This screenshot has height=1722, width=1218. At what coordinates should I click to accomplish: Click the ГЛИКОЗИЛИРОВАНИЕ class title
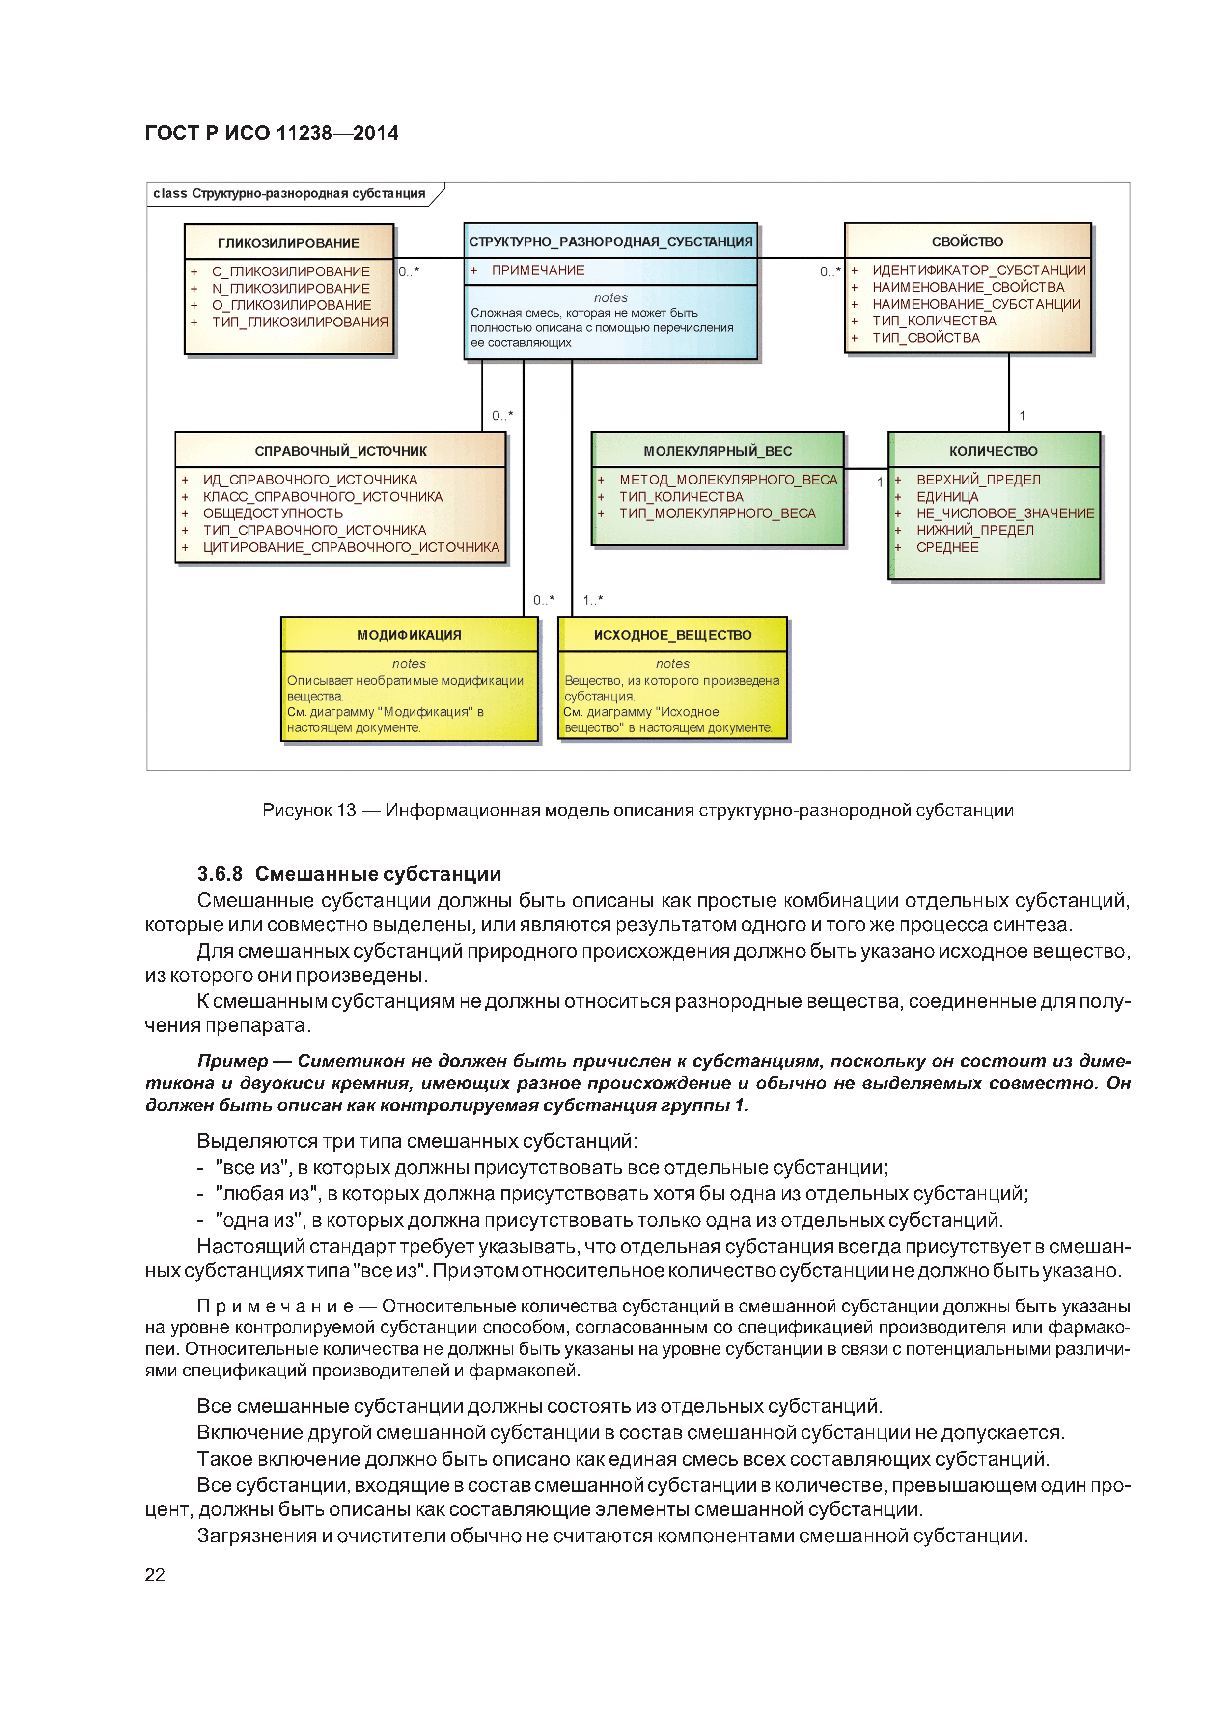[x=288, y=243]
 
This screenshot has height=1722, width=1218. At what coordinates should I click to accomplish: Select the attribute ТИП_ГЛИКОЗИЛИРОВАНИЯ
[x=300, y=323]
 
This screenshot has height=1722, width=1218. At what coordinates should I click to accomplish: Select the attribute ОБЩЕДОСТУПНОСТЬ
[x=273, y=514]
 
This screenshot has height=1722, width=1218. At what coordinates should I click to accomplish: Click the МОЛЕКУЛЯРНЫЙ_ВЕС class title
[x=718, y=451]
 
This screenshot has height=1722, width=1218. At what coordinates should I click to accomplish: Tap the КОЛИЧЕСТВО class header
[x=993, y=451]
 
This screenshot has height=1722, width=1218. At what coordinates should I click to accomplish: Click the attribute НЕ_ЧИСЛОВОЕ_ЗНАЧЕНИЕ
[x=1005, y=514]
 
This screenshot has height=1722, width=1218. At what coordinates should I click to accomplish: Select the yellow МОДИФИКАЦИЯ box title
[x=409, y=635]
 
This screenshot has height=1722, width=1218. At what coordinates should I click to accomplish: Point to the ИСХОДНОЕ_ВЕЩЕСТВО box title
[x=672, y=635]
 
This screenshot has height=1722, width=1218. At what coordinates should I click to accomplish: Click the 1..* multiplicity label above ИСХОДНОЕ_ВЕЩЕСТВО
[x=592, y=600]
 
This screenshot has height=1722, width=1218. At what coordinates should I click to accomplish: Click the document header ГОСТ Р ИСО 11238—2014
[x=272, y=134]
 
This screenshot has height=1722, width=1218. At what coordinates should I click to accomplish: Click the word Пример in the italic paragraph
[x=232, y=1061]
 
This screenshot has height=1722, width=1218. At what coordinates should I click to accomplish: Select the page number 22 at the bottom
[x=155, y=1575]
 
